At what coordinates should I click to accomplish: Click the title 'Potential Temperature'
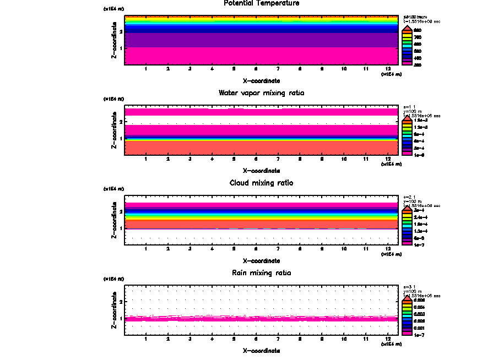click(x=262, y=3)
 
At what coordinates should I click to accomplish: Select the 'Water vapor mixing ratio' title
click(x=262, y=93)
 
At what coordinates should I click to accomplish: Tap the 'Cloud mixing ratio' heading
click(x=262, y=183)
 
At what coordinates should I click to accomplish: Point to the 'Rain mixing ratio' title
click(x=262, y=273)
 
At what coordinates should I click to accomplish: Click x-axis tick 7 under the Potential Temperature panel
click(x=278, y=69)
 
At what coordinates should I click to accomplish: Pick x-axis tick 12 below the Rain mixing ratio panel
click(x=388, y=339)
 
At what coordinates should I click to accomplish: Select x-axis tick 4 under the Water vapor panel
click(x=212, y=159)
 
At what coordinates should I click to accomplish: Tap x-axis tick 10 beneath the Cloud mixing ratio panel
click(x=344, y=249)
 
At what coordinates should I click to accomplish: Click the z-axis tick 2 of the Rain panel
click(x=121, y=302)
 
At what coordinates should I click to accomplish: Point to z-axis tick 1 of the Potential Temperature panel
click(x=121, y=48)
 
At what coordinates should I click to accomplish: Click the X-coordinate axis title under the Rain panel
click(x=262, y=351)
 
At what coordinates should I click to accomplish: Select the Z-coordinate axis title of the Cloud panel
click(x=114, y=220)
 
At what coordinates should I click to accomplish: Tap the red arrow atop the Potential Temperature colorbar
click(x=407, y=28)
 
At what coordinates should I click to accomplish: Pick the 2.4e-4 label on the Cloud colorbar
click(x=420, y=218)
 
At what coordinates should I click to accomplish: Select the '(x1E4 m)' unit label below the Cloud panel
click(x=391, y=254)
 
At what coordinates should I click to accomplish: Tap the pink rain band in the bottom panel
click(x=262, y=319)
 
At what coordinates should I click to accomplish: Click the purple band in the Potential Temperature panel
click(x=262, y=40)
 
